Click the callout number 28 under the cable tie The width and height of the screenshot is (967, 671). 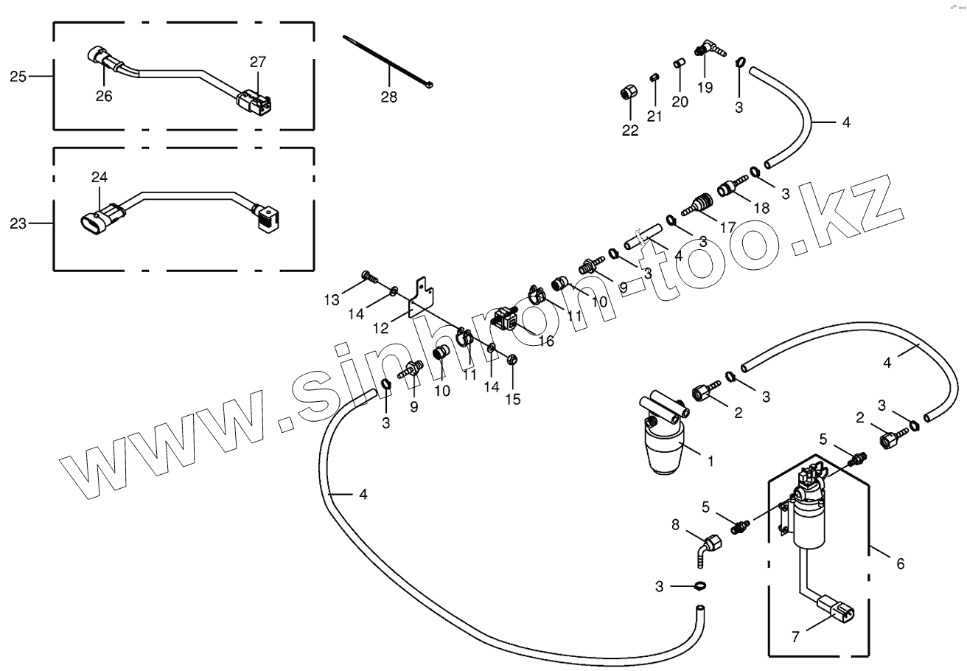(388, 97)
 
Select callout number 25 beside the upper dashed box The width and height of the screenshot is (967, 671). (18, 76)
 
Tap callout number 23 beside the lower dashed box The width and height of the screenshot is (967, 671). (18, 223)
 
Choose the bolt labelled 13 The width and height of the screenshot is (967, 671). (369, 278)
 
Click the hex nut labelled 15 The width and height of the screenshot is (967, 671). (513, 361)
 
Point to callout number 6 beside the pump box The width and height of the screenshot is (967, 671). (900, 564)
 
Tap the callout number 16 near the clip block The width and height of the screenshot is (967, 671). (545, 341)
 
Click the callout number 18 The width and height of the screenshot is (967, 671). (761, 208)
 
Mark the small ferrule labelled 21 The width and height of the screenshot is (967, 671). (654, 77)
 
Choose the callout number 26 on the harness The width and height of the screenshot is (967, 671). (104, 96)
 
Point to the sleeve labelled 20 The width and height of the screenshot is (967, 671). (680, 64)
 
